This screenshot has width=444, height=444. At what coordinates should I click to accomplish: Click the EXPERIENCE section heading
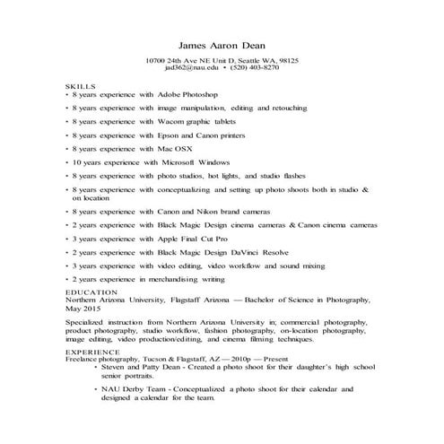pos(91,353)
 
